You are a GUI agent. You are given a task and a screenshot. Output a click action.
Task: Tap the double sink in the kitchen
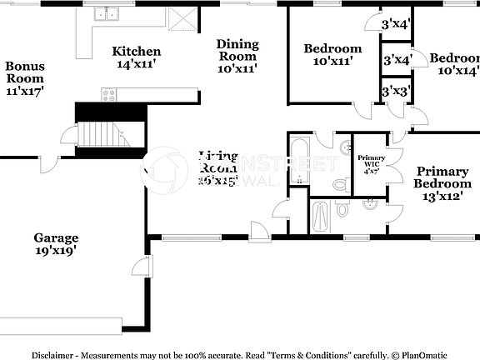[x=107, y=14]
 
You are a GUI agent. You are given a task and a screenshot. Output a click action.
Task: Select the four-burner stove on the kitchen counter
[x=107, y=93]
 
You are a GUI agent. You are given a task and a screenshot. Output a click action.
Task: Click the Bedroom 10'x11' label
[x=332, y=55]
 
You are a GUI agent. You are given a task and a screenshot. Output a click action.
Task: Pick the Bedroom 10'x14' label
[x=454, y=65]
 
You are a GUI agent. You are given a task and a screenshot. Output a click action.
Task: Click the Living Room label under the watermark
[x=218, y=167]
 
